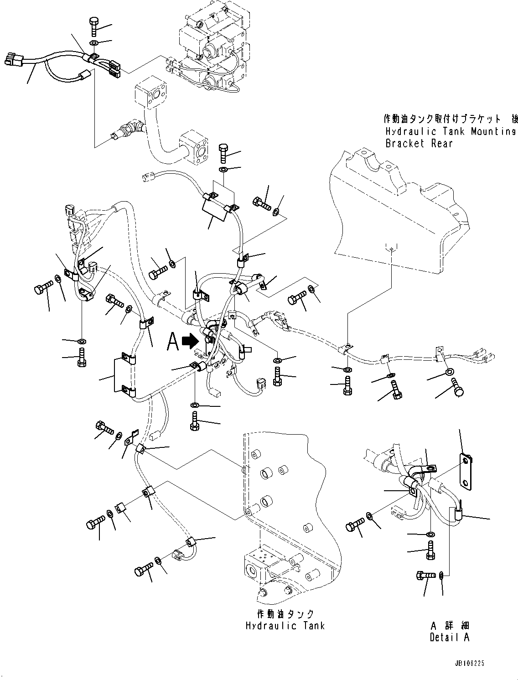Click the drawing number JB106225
click(495, 664)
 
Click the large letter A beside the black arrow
click(173, 342)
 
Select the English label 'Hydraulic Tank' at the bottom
click(285, 625)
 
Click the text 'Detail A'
click(449, 637)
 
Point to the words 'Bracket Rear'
click(419, 143)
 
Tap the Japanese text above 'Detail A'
click(450, 625)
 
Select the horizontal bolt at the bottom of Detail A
click(425, 576)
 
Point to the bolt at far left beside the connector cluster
click(42, 290)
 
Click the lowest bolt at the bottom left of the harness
click(144, 571)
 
